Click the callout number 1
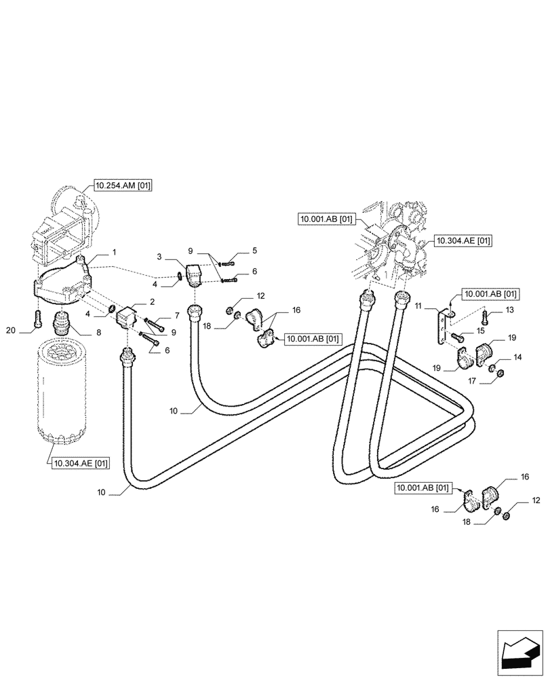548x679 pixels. click(x=114, y=252)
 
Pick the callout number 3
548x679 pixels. click(x=158, y=257)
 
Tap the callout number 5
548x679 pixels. click(x=254, y=251)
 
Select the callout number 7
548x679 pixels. click(x=176, y=315)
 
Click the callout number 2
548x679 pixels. click(x=153, y=301)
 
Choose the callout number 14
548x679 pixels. click(x=517, y=356)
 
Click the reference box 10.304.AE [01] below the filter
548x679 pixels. click(x=79, y=464)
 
